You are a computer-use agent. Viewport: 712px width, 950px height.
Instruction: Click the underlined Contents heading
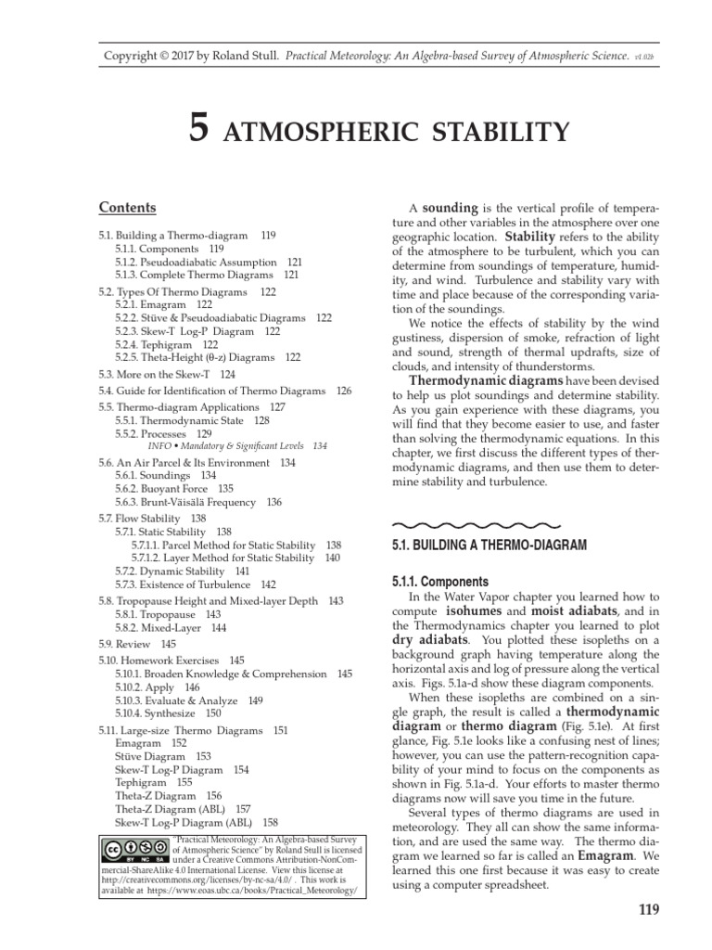[x=127, y=207]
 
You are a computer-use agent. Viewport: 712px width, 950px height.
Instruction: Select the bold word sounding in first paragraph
[x=451, y=208]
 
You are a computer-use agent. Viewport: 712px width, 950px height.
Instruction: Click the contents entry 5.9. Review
[x=137, y=643]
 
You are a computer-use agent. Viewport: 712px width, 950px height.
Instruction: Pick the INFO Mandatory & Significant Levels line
[x=229, y=445]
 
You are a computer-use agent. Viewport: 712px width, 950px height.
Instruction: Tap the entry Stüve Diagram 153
[x=163, y=756]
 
